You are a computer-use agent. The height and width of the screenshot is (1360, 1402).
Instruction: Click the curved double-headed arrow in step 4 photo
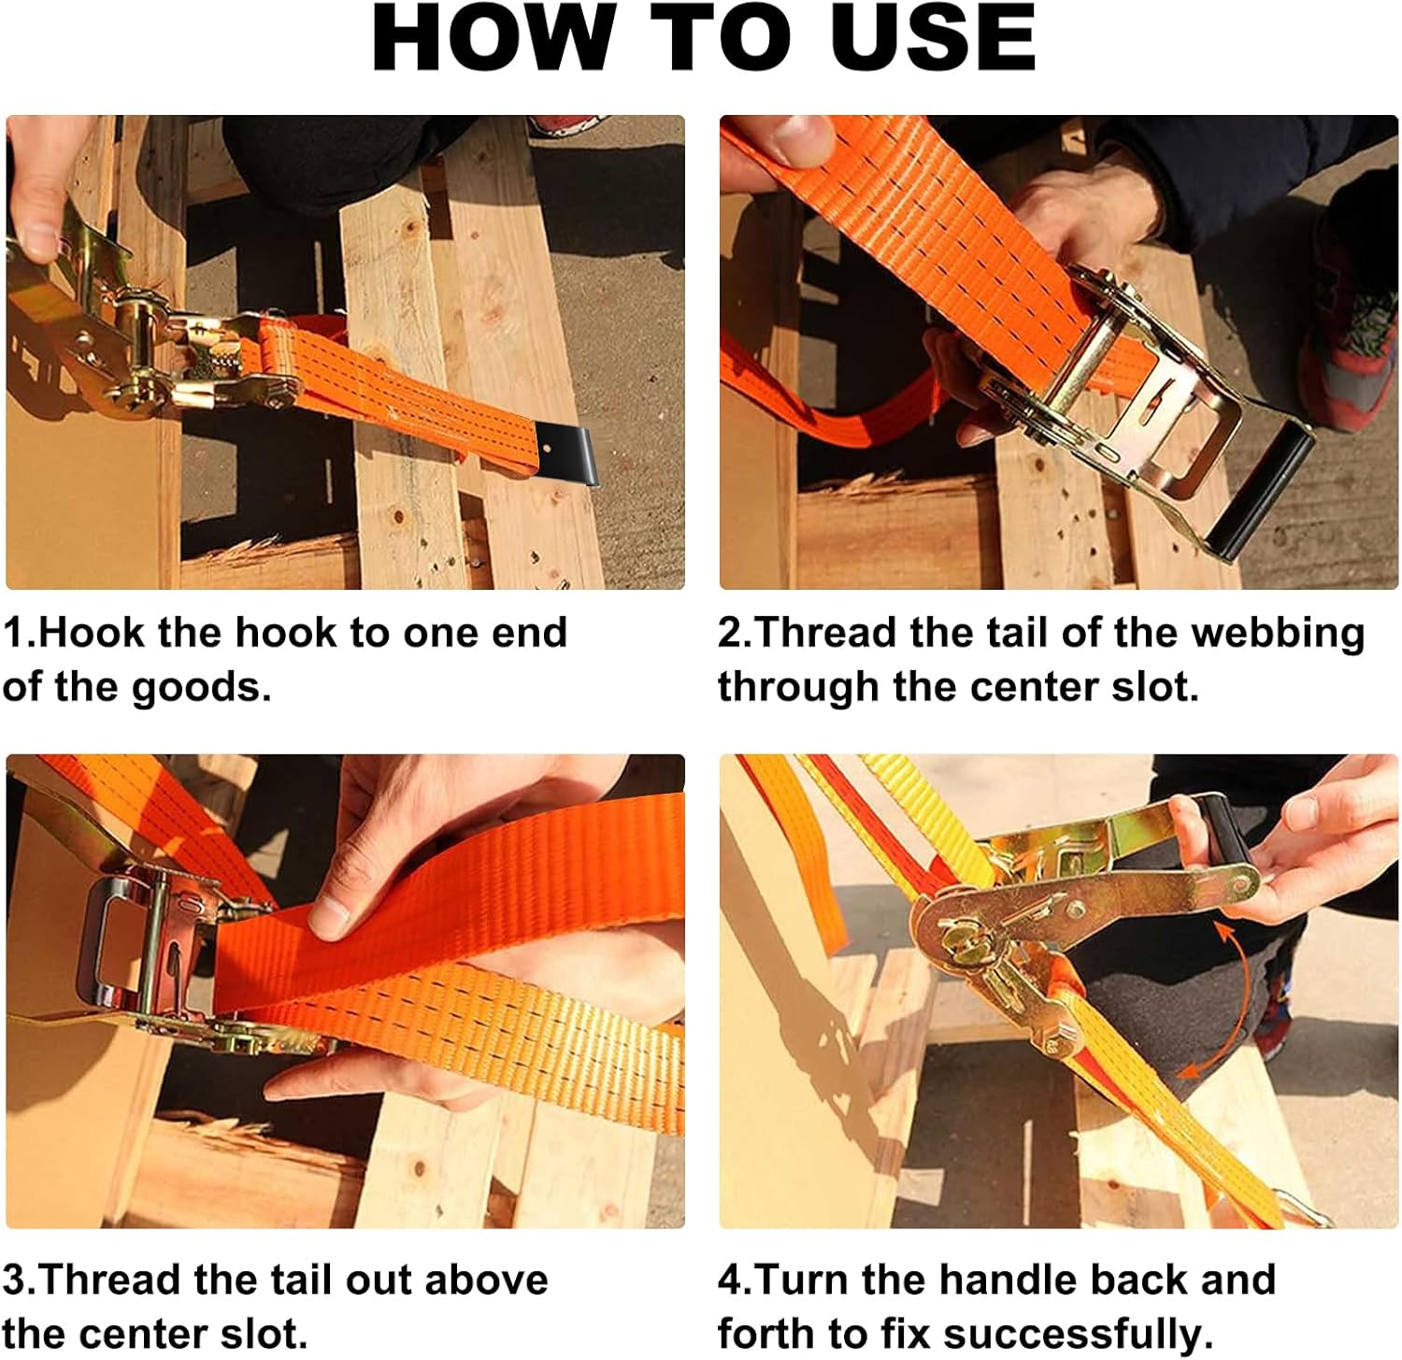[1215, 1005]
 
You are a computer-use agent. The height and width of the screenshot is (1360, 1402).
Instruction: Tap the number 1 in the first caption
[15, 633]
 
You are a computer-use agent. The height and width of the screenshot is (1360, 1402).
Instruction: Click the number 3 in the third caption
[15, 1280]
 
